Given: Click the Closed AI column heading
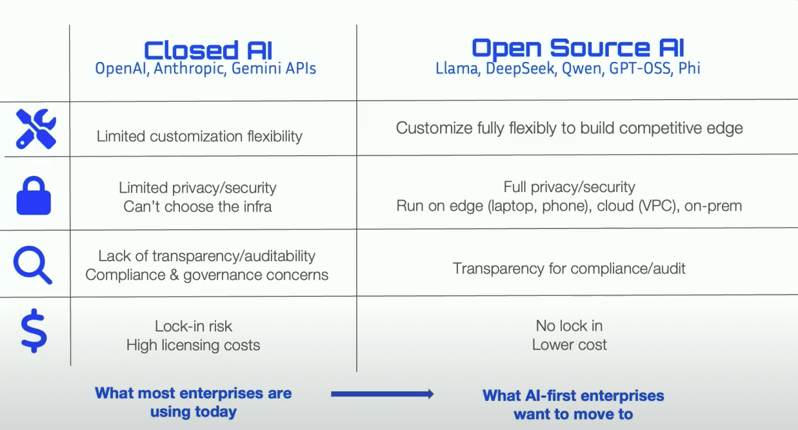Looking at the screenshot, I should pos(208,50).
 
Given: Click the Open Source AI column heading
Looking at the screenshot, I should pos(577,48).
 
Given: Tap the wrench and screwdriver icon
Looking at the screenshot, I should pos(35,128).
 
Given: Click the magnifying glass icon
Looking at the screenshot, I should pos(33,265).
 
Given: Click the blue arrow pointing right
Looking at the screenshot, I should pos(382,394).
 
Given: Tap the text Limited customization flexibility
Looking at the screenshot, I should pos(199,136).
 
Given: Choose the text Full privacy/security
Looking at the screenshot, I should pos(569,187).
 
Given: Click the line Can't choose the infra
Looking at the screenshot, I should pos(197,207).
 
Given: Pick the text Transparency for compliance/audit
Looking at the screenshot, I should pos(569,268).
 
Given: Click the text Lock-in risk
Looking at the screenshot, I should pos(193,326).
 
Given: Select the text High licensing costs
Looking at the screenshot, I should pos(193,345).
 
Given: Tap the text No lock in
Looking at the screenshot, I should pos(569,326).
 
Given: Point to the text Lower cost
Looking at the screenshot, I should pos(569,345).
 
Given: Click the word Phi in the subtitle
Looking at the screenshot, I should pos(690,68).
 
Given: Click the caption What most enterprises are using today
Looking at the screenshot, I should pos(193,402).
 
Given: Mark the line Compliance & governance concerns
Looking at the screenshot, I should pos(206,275).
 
